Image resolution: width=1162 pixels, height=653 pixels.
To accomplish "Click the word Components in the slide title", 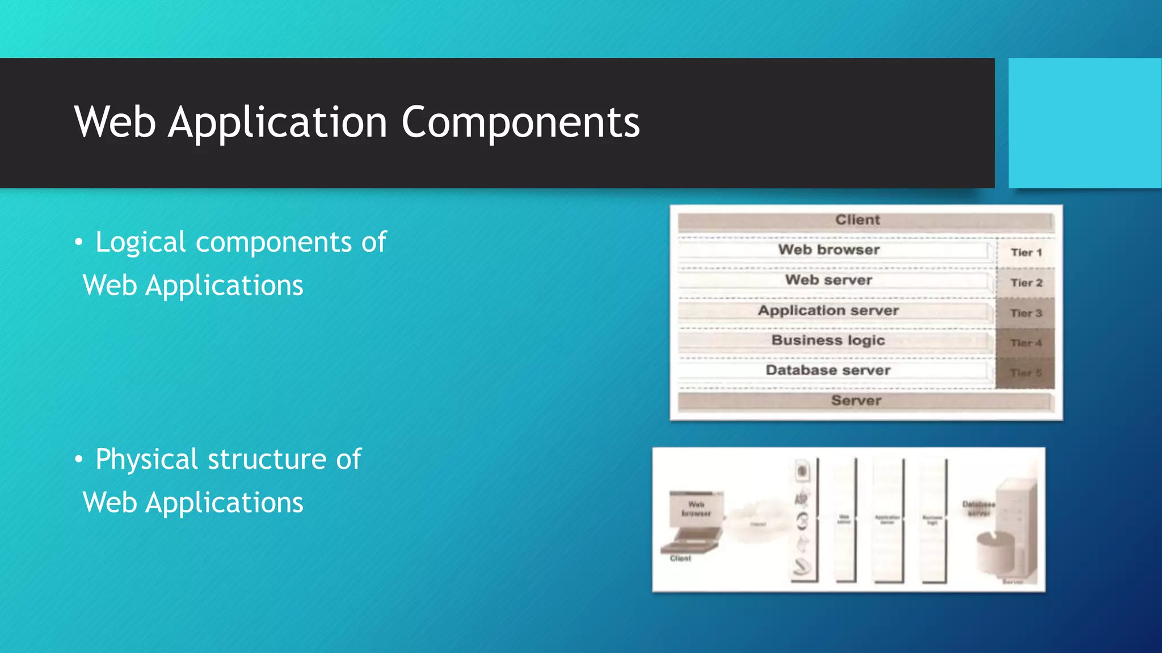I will (520, 122).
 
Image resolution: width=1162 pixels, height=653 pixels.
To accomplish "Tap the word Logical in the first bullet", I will (140, 243).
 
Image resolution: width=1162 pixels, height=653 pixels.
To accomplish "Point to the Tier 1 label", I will (1026, 253).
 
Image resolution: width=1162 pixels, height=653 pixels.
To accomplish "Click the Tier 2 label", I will (1026, 283).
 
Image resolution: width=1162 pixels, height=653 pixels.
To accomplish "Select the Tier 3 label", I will (1026, 313).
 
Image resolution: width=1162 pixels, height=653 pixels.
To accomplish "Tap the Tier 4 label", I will (1026, 343).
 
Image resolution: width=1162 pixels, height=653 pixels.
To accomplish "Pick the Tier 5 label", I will (1026, 373).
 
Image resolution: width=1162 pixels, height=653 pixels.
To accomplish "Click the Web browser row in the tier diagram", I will (828, 250).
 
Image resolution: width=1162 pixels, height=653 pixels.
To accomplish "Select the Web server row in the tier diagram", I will (828, 280).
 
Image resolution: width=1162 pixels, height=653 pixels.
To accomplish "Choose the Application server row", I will (828, 311).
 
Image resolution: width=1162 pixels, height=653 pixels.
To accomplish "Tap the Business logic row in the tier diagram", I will (828, 341).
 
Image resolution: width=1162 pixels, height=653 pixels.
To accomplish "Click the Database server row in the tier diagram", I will (828, 371).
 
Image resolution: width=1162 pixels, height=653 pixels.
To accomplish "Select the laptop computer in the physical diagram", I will (693, 521).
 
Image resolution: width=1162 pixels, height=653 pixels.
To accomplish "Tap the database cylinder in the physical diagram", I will (996, 553).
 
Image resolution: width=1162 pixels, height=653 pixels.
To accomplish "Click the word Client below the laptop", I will (680, 558).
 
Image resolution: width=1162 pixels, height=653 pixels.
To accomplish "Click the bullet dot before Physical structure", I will (79, 460).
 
